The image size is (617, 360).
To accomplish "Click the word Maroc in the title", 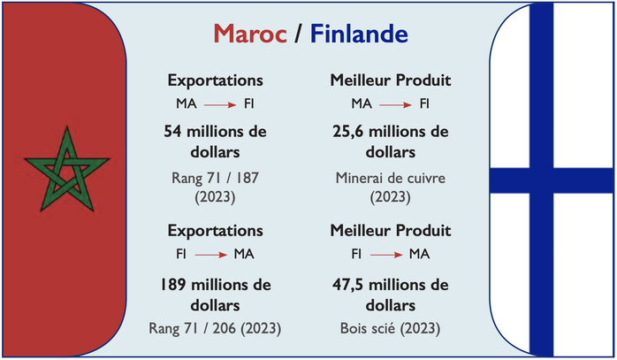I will point(250,34).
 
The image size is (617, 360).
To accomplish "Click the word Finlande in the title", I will point(360,34).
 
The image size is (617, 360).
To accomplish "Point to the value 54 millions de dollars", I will point(215,142).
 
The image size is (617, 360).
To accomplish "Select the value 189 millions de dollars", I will point(215,295).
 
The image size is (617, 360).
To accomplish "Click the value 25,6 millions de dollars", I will point(390,142).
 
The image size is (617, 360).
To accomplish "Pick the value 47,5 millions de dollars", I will point(390,295).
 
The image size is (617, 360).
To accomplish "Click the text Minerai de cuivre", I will point(390,178).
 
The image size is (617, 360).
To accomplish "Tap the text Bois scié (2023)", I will point(390,328).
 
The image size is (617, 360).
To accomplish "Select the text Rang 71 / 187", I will point(215,178).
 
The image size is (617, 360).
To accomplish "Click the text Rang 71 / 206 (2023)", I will point(215,328).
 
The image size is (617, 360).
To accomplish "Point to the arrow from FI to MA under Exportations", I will point(212,255).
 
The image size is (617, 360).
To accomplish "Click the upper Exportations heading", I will point(215,80).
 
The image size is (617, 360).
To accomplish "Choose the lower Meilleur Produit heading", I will point(390,231).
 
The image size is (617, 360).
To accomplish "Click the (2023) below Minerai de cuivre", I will point(390,195).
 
